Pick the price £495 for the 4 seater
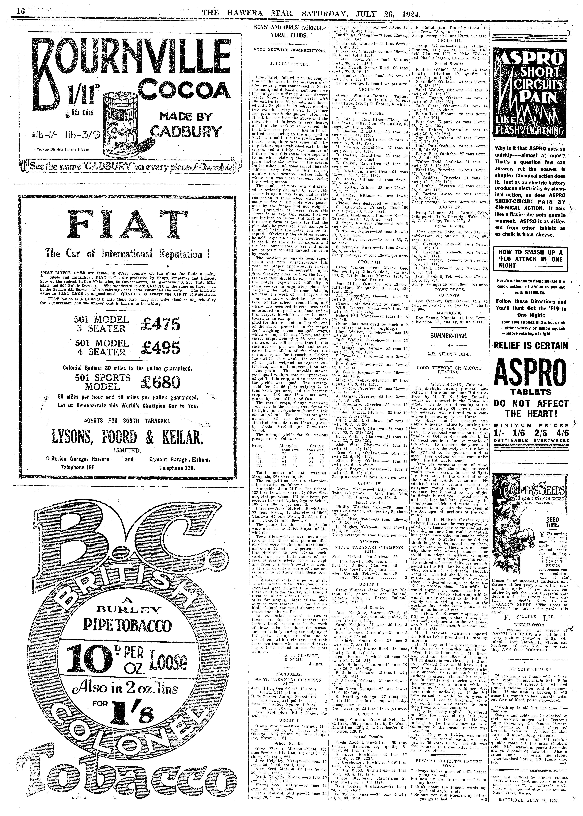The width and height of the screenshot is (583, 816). tap(160, 347)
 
